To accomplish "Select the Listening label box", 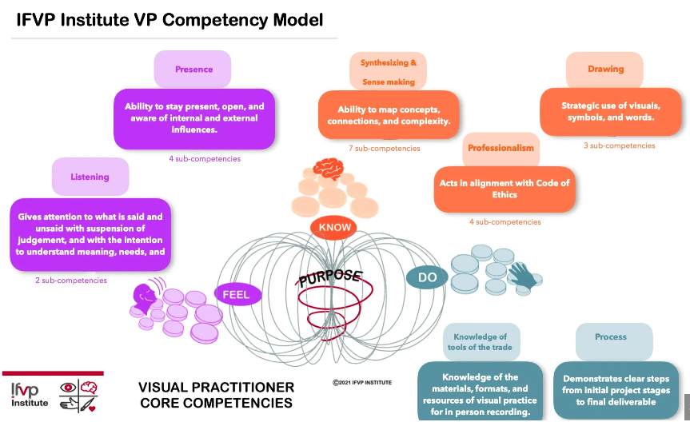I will tap(90, 177).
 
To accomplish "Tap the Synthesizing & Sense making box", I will tap(388, 72).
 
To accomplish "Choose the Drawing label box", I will tap(605, 70).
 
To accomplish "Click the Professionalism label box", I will tap(501, 149).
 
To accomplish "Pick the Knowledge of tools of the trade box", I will tap(481, 342).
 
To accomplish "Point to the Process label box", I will tap(611, 338).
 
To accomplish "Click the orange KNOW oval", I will tap(335, 228).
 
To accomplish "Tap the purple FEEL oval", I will tap(236, 294).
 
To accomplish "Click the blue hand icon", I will tap(524, 275).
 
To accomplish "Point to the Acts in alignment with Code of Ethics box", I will tap(505, 189).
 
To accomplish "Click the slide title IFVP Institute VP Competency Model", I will tap(170, 19).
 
